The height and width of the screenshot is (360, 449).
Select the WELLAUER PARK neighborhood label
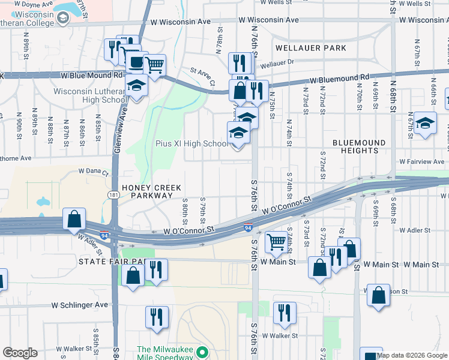click(311, 47)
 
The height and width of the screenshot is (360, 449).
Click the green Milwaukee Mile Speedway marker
click(202, 353)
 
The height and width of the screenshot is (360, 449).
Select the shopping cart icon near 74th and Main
click(276, 242)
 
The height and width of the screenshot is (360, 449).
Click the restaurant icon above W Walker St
click(284, 313)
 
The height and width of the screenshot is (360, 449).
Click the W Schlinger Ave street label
click(79, 305)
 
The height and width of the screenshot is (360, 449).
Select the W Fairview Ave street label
click(423, 162)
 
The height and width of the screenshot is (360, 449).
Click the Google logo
click(20, 353)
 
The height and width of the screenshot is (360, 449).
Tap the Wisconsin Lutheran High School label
click(88, 95)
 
